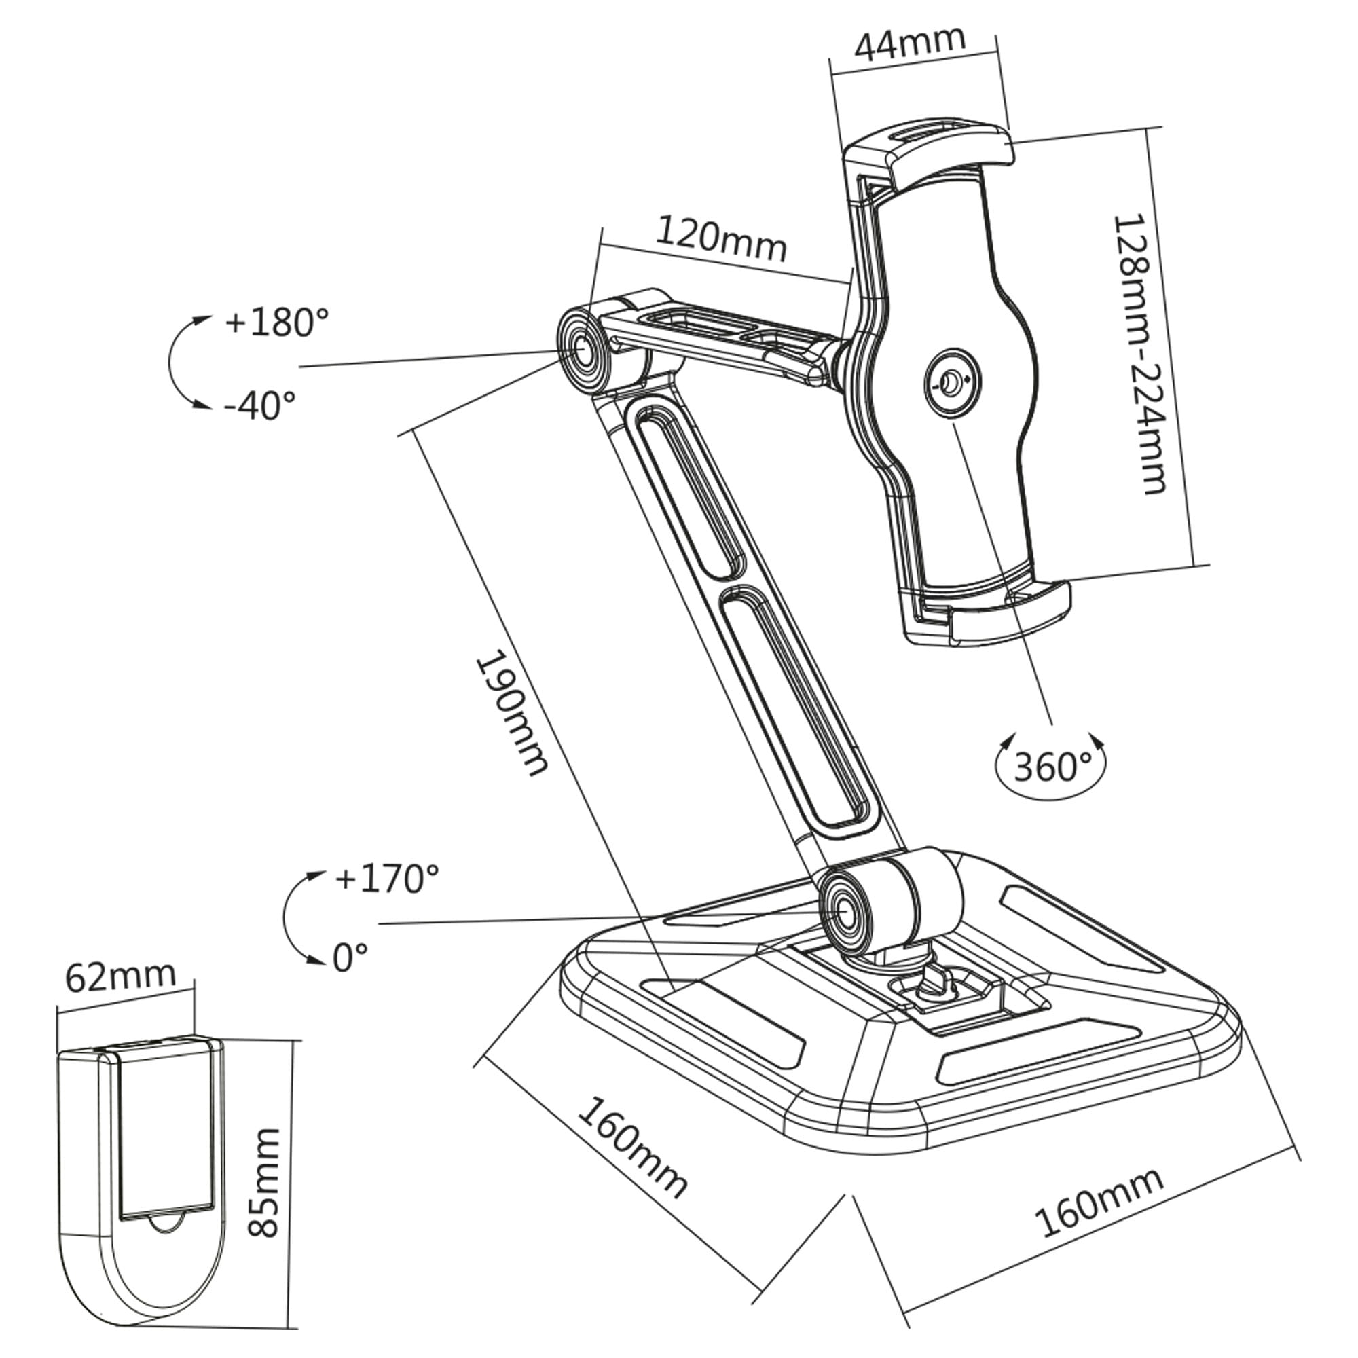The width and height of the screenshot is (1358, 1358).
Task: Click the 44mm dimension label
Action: click(x=910, y=45)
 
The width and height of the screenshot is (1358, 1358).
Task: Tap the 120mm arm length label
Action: click(x=720, y=240)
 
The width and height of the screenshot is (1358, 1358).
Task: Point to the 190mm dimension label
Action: click(x=512, y=716)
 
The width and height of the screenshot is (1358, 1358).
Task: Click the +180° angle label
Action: click(x=276, y=323)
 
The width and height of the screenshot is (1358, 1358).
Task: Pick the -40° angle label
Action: click(x=259, y=405)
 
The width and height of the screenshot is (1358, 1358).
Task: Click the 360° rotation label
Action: click(x=1052, y=767)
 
